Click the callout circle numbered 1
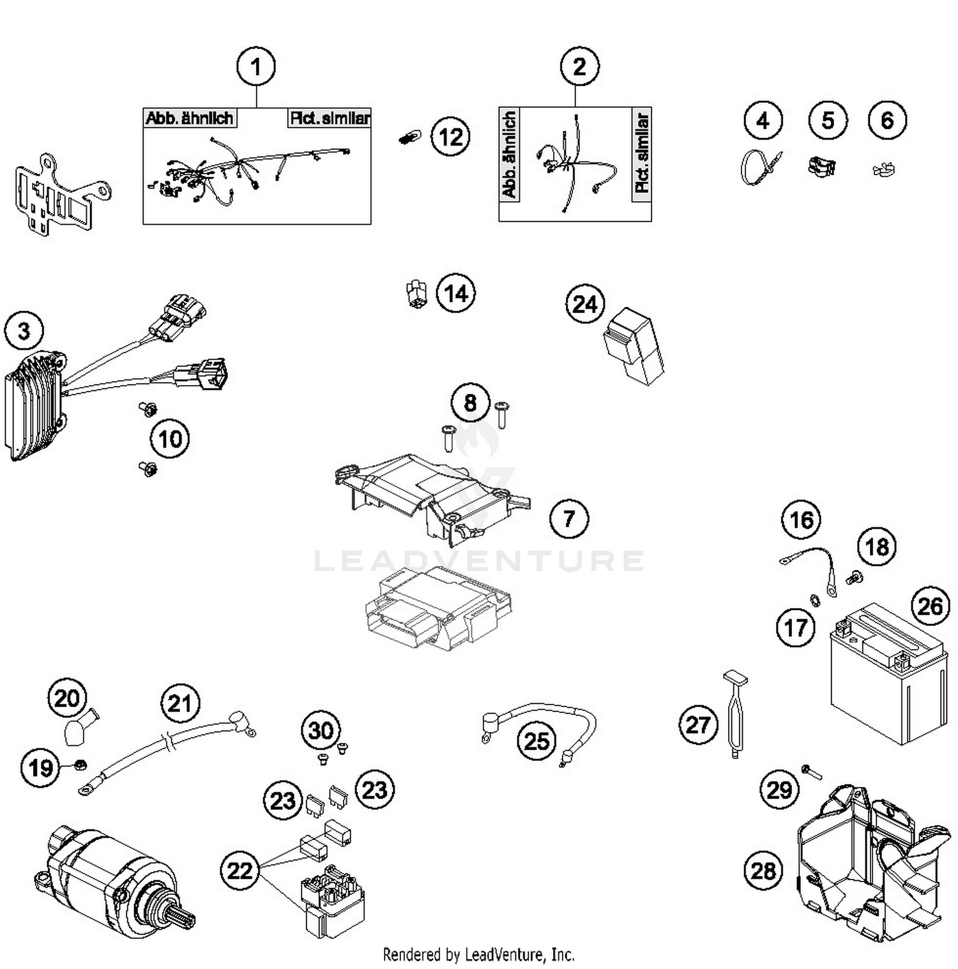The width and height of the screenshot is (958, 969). click(256, 66)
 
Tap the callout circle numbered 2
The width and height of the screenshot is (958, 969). click(579, 66)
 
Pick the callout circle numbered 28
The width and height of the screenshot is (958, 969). click(763, 870)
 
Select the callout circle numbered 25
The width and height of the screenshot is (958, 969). click(536, 741)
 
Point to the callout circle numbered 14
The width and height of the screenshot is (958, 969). click(455, 294)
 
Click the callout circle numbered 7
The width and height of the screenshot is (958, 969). click(569, 518)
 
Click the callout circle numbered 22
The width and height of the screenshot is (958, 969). click(240, 870)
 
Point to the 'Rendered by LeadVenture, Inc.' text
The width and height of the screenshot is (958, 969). click(478, 954)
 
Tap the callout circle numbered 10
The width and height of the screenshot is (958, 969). click(170, 439)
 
